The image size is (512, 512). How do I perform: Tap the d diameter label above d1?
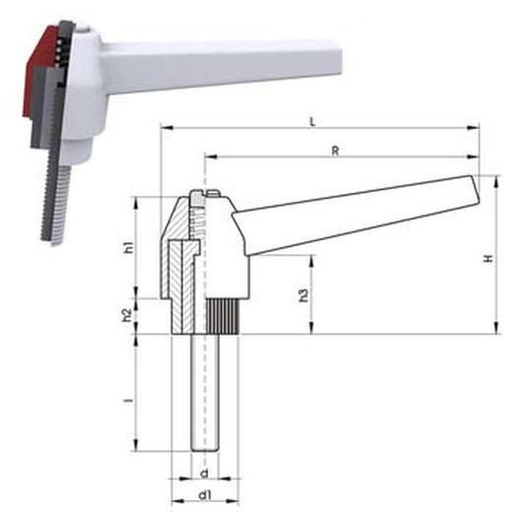(204, 460)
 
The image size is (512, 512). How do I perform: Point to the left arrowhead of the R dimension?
(209, 157)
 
